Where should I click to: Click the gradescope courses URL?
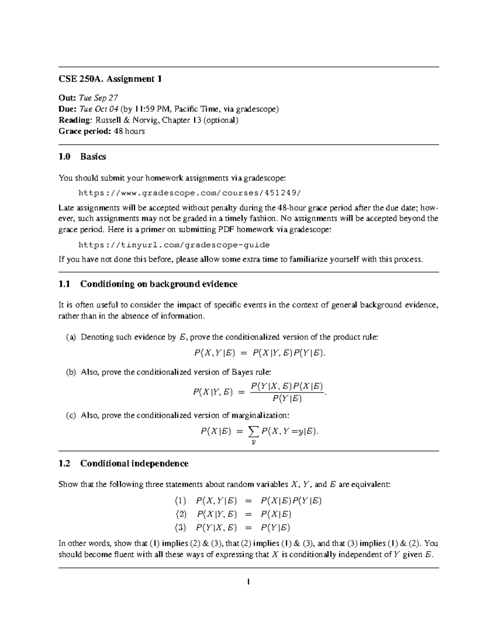[x=190, y=193]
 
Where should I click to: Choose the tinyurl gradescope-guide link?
[x=174, y=245]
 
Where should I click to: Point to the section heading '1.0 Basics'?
[x=82, y=157]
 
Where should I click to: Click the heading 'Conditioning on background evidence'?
[x=159, y=284]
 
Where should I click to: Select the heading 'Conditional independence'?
[x=134, y=463]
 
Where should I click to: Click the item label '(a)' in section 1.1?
[x=71, y=337]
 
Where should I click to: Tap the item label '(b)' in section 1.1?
[x=71, y=372]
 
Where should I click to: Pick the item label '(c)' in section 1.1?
[x=71, y=415]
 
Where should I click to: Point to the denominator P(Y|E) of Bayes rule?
[x=287, y=399]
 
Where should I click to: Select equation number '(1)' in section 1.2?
[x=181, y=501]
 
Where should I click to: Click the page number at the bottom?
[x=248, y=582]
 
